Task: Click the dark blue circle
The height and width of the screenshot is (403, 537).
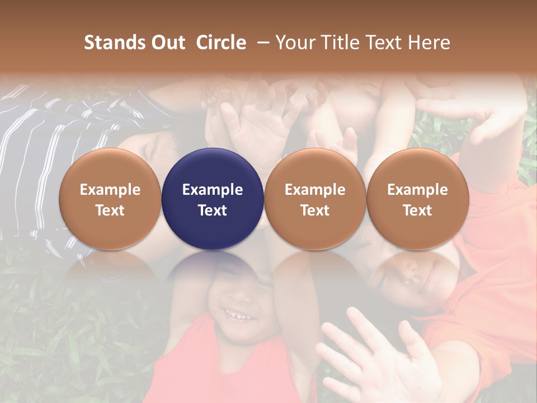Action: tap(213, 199)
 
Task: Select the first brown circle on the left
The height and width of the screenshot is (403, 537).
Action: tap(110, 199)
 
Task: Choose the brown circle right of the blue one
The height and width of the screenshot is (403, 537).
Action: tap(315, 199)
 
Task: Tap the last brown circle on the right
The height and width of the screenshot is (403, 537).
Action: tap(417, 199)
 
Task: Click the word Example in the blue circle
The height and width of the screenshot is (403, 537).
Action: tap(213, 190)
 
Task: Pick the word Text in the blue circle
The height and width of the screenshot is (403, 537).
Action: tap(213, 210)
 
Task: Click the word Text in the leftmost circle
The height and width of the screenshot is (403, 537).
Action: tap(110, 210)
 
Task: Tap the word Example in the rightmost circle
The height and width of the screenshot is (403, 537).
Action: tap(417, 190)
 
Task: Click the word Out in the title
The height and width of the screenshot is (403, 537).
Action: tap(167, 43)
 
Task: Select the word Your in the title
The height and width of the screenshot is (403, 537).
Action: tap(294, 43)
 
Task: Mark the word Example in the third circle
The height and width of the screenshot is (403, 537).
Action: tap(315, 190)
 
